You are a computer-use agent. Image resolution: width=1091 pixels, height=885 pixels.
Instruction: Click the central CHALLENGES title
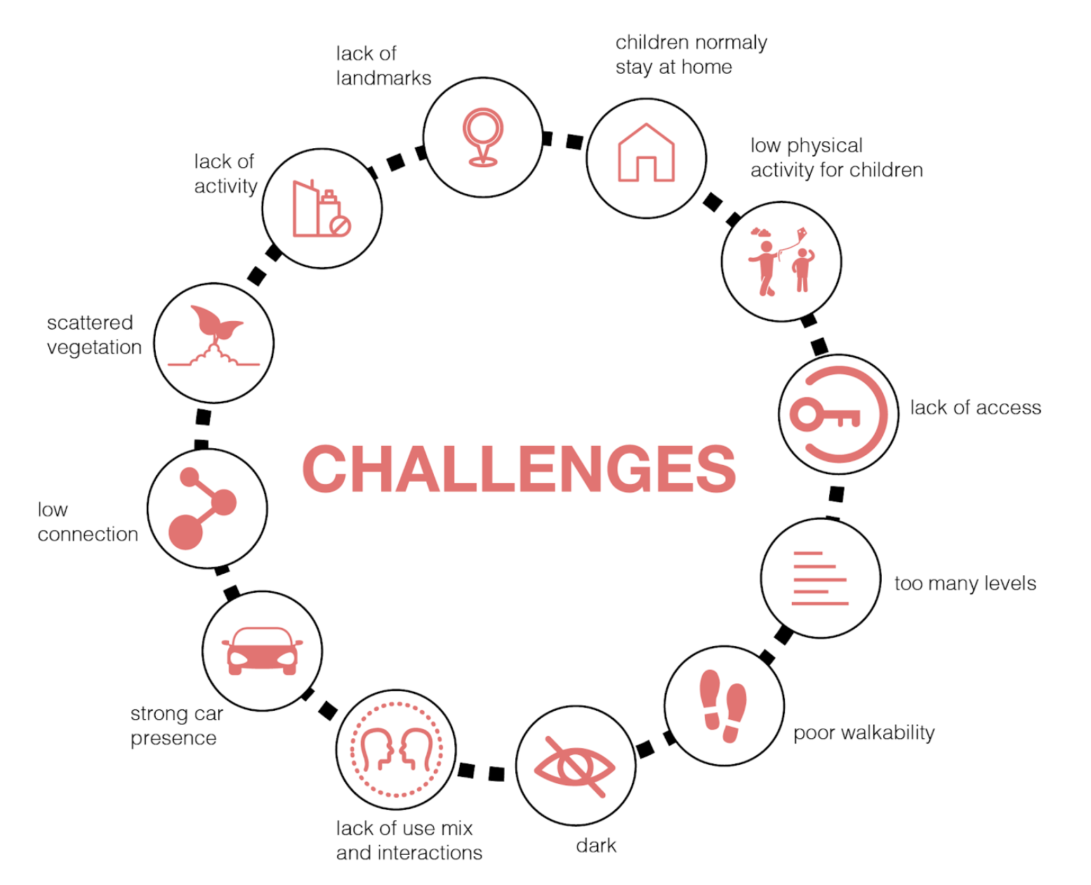pyautogui.click(x=519, y=469)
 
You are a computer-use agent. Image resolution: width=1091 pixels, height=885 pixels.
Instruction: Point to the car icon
pyautogui.click(x=262, y=651)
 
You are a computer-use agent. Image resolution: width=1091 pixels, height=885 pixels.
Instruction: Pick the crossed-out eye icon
pyautogui.click(x=575, y=766)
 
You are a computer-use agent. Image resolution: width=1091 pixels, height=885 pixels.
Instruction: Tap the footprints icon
pyautogui.click(x=723, y=705)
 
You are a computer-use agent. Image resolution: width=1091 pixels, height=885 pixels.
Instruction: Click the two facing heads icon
pyautogui.click(x=395, y=750)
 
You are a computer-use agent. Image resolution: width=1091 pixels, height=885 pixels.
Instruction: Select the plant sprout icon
pyautogui.click(x=214, y=336)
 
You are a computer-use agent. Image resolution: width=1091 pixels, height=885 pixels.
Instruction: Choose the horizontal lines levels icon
pyautogui.click(x=819, y=578)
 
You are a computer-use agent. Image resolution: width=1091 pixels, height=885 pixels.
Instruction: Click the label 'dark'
pyautogui.click(x=596, y=846)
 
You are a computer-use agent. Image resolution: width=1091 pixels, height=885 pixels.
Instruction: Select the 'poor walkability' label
pyautogui.click(x=864, y=733)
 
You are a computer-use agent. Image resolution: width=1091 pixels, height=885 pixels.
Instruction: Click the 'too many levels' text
pyautogui.click(x=965, y=584)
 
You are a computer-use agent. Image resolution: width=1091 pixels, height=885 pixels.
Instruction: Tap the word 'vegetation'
pyautogui.click(x=94, y=348)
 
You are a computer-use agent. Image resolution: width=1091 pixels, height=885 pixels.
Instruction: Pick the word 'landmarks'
pyautogui.click(x=383, y=78)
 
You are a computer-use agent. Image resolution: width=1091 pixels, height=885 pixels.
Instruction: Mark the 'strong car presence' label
pyautogui.click(x=176, y=726)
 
